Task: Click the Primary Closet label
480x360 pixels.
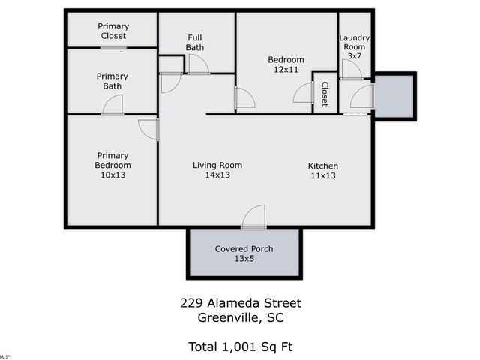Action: [113, 31]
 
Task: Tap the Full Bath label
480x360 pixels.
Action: [195, 43]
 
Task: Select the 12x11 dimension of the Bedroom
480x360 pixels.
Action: [286, 70]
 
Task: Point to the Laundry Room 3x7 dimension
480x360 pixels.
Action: [355, 56]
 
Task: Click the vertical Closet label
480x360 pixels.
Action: [325, 94]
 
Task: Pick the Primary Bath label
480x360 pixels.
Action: [112, 81]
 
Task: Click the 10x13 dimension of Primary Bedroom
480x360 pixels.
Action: [113, 175]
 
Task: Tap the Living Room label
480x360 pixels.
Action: [217, 165]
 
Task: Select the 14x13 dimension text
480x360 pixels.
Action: [217, 175]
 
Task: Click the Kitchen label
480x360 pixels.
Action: [323, 166]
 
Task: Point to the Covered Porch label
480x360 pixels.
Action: [244, 248]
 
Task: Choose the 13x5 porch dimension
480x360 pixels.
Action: [244, 258]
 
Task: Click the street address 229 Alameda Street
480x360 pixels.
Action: [241, 303]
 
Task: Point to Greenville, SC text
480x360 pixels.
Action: [241, 318]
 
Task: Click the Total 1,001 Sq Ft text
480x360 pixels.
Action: [241, 346]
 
